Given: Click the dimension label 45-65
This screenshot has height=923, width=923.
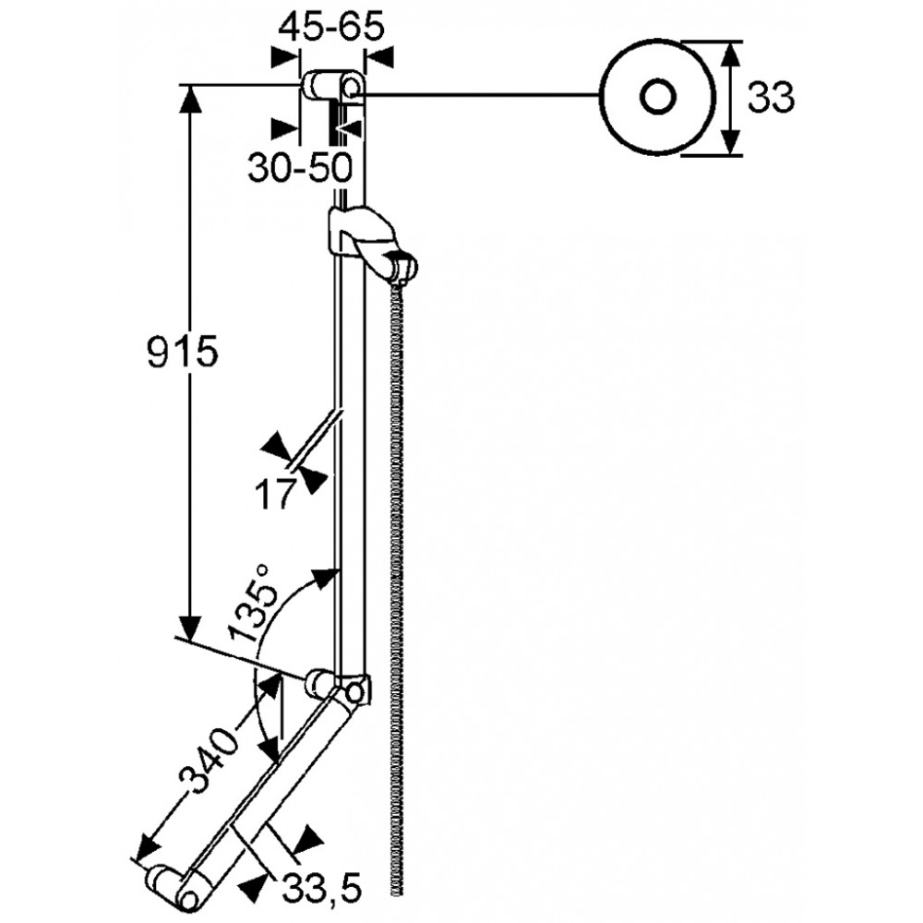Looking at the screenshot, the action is tap(330, 27).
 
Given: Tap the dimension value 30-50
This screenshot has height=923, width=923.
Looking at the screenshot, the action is tap(300, 168).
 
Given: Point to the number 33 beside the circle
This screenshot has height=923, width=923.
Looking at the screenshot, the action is tap(771, 98).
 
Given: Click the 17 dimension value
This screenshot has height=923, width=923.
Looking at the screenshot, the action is tap(274, 494).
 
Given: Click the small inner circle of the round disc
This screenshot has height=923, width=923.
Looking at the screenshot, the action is tap(657, 97).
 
